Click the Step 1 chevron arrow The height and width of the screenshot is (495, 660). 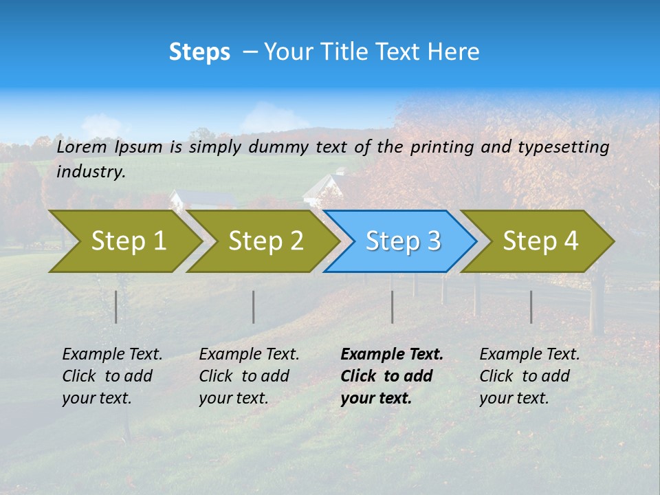127,241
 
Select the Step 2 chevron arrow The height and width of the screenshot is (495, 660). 265,241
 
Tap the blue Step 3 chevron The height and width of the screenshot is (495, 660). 402,241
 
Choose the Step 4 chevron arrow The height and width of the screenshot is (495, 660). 540,241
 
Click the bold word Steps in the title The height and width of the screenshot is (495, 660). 199,52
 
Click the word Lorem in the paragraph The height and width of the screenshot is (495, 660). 82,146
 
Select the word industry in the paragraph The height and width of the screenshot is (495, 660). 90,172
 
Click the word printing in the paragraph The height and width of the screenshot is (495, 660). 443,146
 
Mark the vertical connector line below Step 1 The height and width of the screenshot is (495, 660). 116,307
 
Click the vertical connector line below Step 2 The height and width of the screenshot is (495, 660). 254,307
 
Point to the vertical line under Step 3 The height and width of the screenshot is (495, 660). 392,307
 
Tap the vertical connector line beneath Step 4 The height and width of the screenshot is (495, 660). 531,307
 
